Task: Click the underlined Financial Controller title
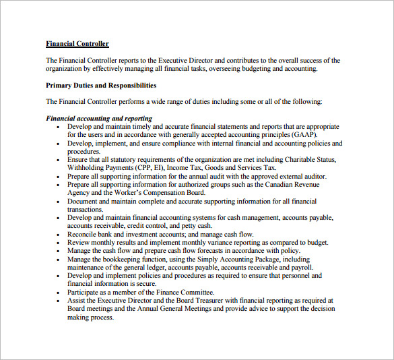coord(77,44)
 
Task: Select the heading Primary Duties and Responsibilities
coord(101,86)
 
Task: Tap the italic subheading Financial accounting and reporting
coord(99,119)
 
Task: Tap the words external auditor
coord(302,176)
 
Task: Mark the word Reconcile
coord(84,234)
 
